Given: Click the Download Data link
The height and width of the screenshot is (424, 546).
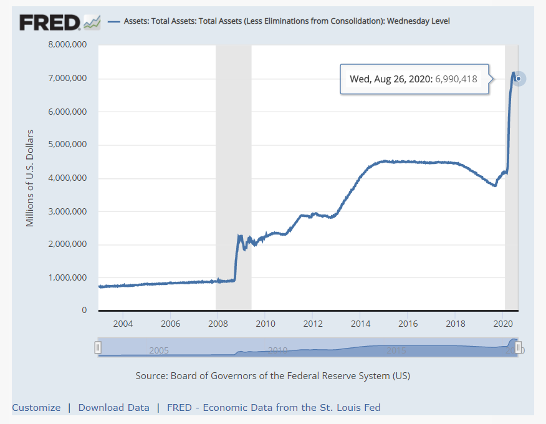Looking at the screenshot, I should (113, 408).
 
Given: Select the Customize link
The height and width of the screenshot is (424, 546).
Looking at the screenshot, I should (36, 408).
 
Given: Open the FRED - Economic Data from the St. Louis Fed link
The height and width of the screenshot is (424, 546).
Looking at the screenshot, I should (274, 408).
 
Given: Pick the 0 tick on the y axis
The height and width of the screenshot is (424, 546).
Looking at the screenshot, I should (84, 311).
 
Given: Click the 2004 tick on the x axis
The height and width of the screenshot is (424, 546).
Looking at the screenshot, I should (123, 324).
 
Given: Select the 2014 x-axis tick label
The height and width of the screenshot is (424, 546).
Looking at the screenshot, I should (360, 324).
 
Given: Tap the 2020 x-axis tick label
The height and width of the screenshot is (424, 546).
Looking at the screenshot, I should (503, 324).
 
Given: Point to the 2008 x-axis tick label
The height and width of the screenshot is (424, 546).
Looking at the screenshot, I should (218, 324).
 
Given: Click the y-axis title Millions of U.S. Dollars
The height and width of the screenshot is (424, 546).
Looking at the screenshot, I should (30, 178).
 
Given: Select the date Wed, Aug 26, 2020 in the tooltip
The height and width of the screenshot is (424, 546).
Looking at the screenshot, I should (390, 79).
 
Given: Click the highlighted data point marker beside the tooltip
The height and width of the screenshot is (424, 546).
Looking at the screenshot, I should (519, 79).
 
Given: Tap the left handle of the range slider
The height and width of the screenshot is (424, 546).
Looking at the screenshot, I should (98, 347).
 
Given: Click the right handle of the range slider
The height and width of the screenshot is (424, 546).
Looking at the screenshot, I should (518, 347).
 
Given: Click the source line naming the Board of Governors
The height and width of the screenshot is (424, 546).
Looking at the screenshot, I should (272, 376).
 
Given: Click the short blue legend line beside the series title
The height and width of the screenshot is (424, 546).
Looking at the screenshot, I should (114, 21).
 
